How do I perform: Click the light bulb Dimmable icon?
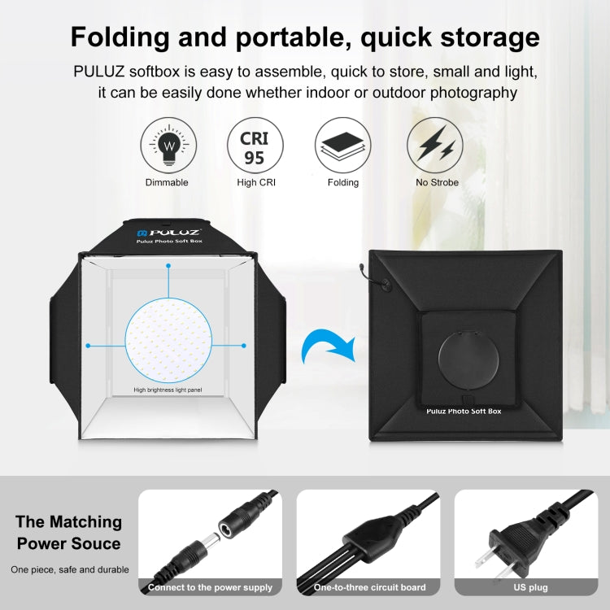(x=168, y=146)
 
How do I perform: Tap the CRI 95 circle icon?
(x=255, y=146)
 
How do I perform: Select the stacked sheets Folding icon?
(x=342, y=146)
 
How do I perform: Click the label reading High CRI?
(x=255, y=182)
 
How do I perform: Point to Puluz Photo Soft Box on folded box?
(x=464, y=412)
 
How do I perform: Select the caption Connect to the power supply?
(x=210, y=587)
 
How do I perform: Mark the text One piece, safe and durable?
(x=70, y=570)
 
